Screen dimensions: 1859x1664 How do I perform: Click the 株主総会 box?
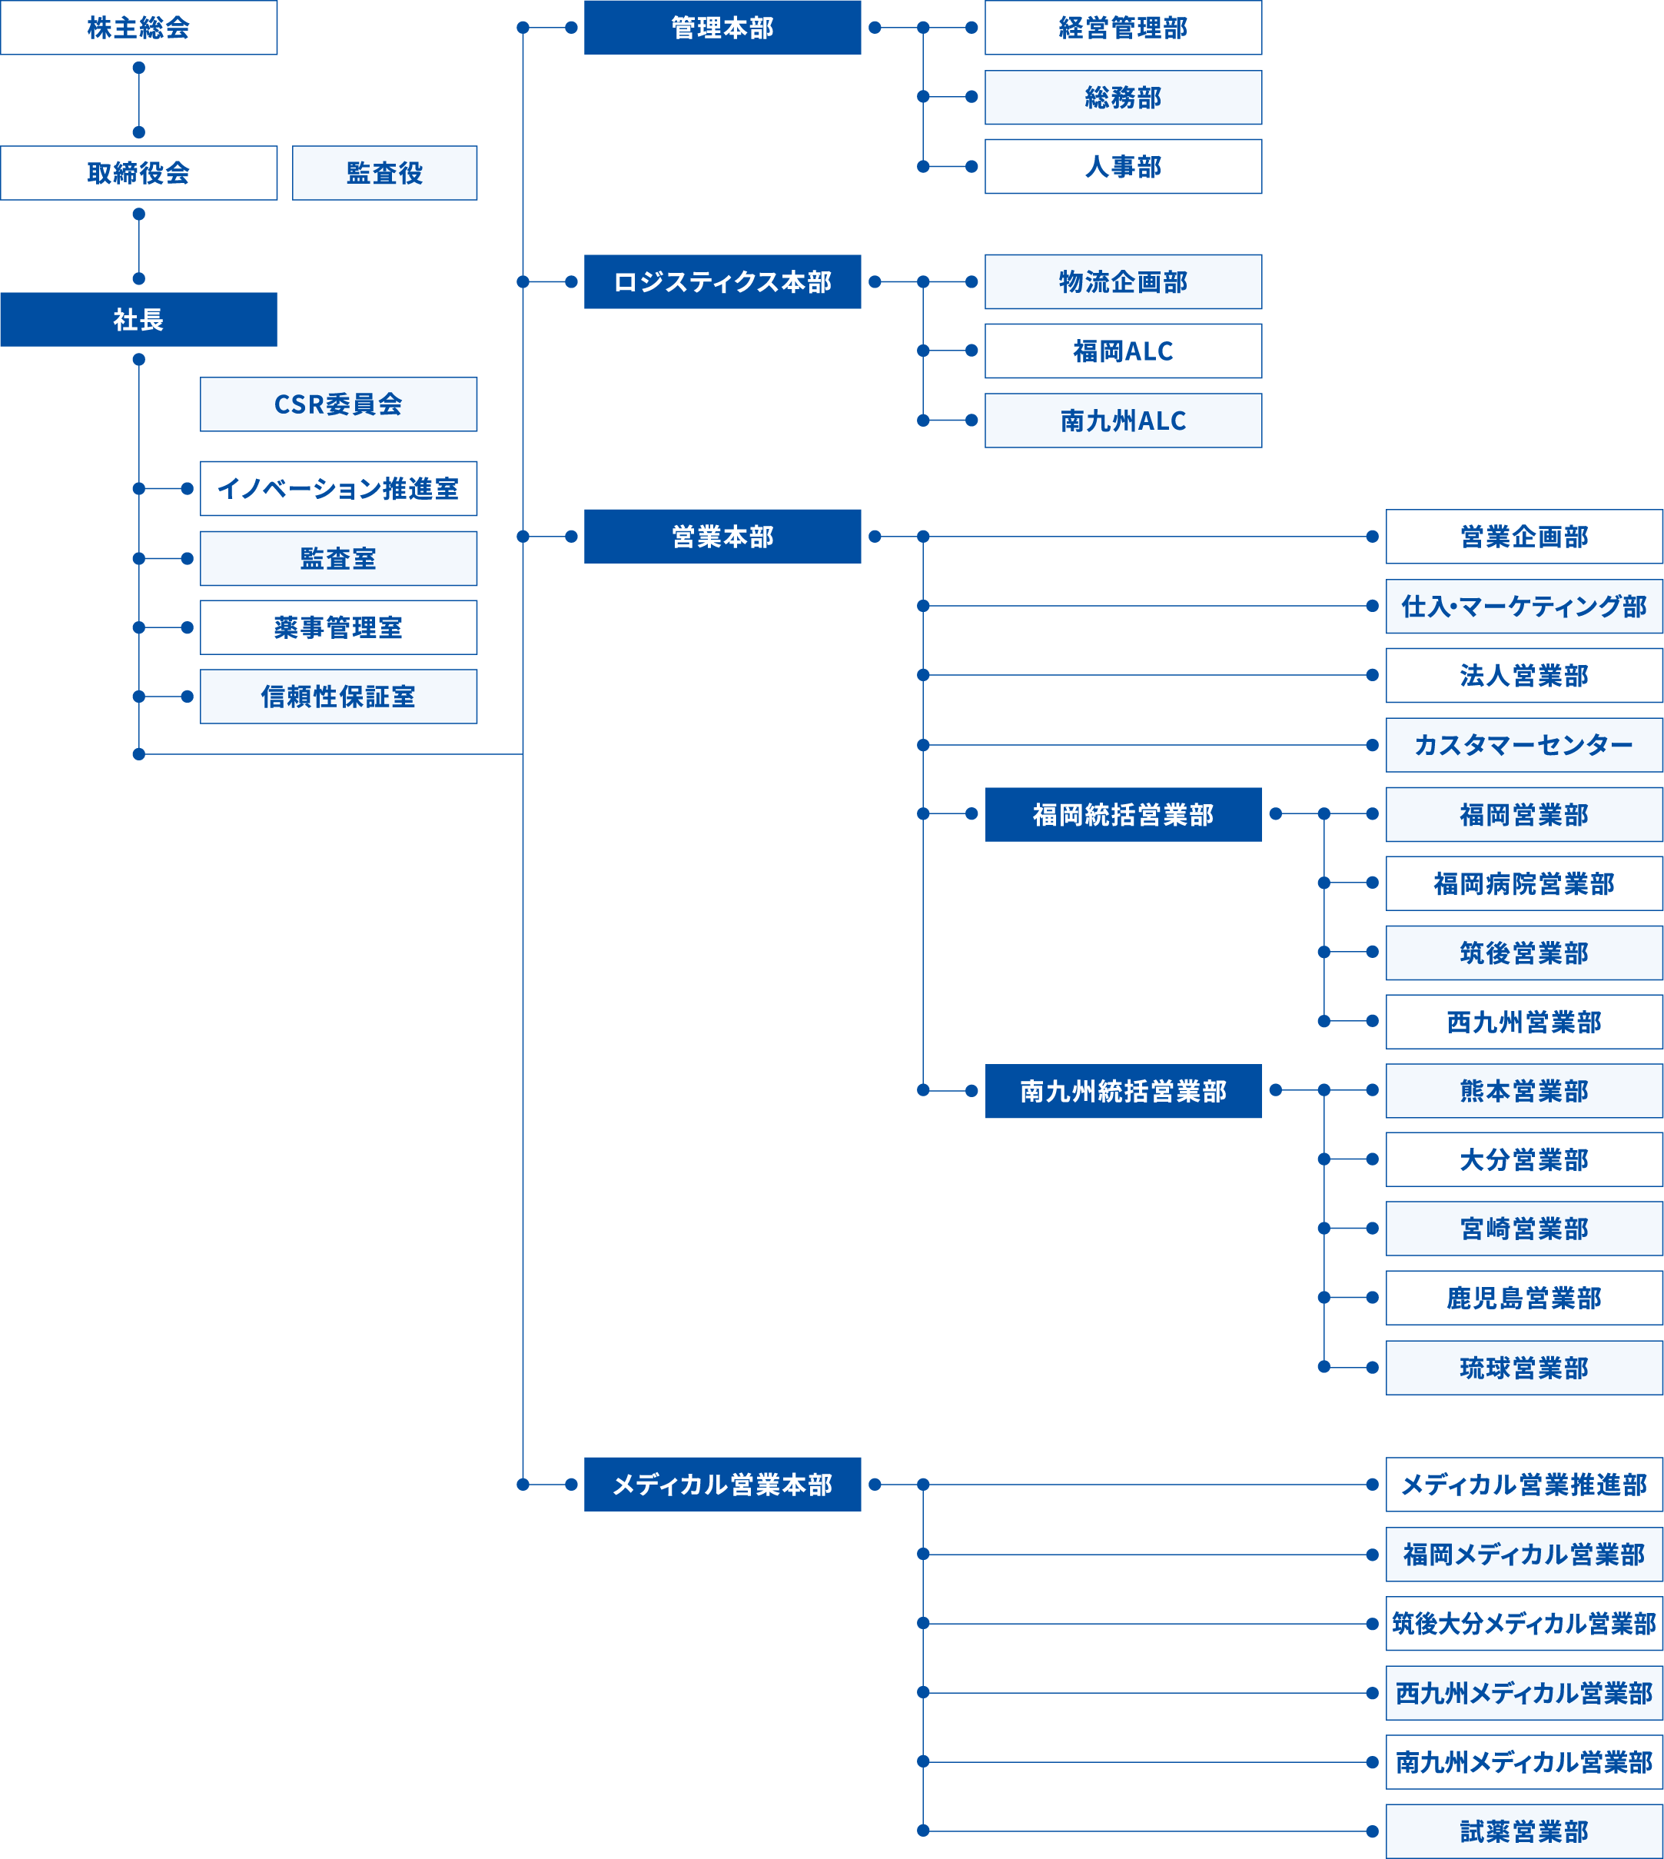[138, 28]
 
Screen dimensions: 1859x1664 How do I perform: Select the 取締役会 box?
[138, 173]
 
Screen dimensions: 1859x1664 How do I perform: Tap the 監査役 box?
[384, 173]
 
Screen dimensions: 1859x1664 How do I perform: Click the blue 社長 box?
[138, 319]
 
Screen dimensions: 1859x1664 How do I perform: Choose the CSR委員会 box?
[338, 404]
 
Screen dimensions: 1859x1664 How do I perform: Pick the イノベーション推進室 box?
[338, 488]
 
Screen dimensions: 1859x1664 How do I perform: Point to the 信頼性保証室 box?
[338, 697]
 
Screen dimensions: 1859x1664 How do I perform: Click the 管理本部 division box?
[722, 28]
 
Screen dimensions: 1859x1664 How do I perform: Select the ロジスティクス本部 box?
[722, 281]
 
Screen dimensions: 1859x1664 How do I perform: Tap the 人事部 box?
[1123, 166]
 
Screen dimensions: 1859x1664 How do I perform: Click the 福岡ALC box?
[1123, 351]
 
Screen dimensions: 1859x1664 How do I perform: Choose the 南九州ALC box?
[1123, 421]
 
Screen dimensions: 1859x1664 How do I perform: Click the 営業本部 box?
[722, 536]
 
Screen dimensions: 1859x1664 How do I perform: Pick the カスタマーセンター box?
[1523, 745]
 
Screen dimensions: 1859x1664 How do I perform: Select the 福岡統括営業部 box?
[1123, 814]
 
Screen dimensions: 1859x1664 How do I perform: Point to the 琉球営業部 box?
[1523, 1368]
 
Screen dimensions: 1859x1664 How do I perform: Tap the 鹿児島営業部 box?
[1523, 1298]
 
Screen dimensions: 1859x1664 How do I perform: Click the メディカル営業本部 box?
[722, 1484]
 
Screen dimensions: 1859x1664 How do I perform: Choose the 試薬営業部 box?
[1523, 1831]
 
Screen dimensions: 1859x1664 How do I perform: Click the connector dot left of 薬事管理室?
[187, 627]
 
